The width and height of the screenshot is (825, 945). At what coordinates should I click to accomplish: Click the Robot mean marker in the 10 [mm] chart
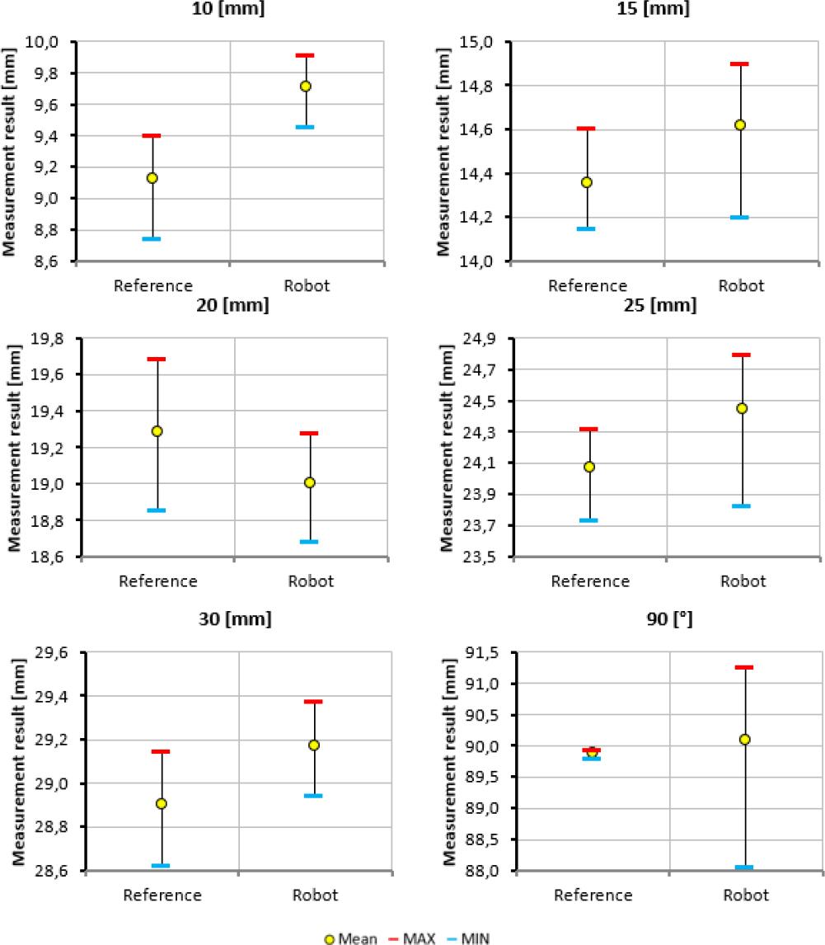306,86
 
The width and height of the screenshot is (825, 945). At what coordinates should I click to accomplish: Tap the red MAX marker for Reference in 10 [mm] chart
152,135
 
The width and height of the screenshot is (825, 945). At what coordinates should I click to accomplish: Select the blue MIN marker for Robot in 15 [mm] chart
738,218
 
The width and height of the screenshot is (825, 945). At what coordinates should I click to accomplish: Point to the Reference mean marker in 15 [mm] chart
587,182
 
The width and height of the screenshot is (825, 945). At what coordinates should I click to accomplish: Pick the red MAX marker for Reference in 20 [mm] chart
157,359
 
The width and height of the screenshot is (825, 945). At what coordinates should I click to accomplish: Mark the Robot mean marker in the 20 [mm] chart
310,482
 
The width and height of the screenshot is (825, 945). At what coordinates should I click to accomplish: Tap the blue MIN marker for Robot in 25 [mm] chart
741,506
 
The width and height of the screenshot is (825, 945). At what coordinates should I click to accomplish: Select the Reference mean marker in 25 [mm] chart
589,467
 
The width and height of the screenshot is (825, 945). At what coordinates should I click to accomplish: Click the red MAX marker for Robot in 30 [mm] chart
314,702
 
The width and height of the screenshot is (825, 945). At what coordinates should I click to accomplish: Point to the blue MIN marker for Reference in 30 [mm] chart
161,866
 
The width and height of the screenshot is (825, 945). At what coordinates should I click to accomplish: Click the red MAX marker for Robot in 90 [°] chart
744,667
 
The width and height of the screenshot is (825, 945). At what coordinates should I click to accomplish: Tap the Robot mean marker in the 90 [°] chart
744,740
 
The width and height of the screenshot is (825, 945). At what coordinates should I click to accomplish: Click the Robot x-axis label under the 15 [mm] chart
741,286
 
